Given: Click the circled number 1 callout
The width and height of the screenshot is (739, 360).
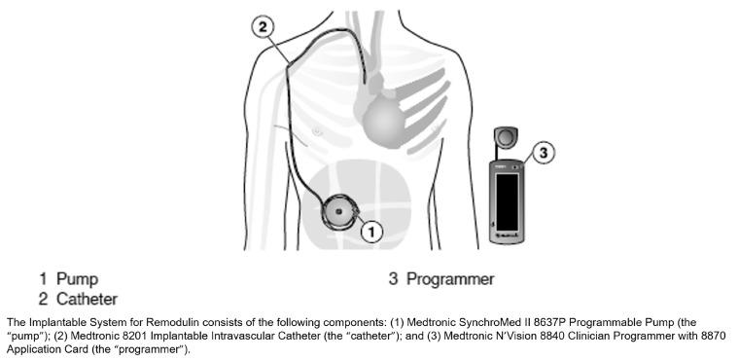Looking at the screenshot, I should pyautogui.click(x=371, y=231).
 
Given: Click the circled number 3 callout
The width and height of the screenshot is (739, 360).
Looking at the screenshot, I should pyautogui.click(x=544, y=153).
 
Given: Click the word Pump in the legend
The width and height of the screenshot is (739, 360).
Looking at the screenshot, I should pyautogui.click(x=77, y=279).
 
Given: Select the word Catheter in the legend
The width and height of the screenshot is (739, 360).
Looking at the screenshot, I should pyautogui.click(x=87, y=298).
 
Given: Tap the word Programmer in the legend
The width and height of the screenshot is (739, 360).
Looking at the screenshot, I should pyautogui.click(x=450, y=279).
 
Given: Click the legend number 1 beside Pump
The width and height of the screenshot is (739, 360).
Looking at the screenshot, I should pyautogui.click(x=44, y=279).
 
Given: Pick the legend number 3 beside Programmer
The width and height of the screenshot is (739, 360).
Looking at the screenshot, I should pyautogui.click(x=394, y=279).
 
